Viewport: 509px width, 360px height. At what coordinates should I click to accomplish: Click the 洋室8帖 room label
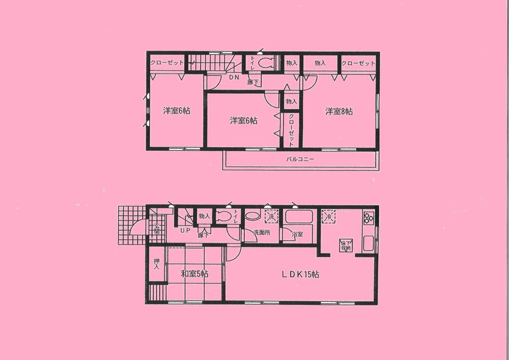click(x=339, y=112)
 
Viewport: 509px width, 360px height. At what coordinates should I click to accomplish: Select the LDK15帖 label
click(x=300, y=274)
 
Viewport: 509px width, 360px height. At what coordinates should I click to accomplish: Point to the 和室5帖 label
click(x=194, y=274)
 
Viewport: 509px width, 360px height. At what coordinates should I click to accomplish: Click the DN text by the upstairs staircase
click(x=234, y=78)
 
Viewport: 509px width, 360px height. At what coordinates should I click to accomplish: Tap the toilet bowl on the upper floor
click(x=266, y=64)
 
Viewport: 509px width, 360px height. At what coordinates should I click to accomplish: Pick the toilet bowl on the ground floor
click(x=223, y=216)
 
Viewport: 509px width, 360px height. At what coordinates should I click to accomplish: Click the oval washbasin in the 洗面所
click(x=252, y=216)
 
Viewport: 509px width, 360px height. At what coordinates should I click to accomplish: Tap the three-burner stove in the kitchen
click(x=368, y=218)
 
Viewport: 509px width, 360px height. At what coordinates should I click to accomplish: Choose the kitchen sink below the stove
click(x=369, y=243)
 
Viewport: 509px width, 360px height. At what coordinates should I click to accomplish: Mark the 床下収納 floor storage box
click(x=345, y=245)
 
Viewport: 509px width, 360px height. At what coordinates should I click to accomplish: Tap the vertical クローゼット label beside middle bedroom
click(x=291, y=130)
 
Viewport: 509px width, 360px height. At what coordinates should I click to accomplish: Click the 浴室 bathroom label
click(x=298, y=235)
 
